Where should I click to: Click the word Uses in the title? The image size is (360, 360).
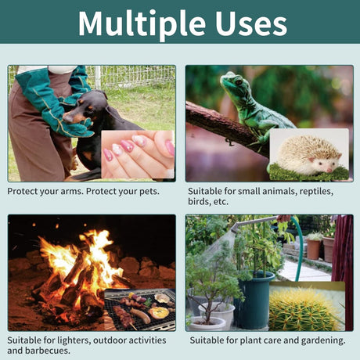(251, 23)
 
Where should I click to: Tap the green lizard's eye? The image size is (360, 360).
(239, 82)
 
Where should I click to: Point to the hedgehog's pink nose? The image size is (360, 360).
(329, 171)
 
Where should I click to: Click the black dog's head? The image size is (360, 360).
(84, 107)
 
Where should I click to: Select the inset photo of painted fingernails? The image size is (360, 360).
(138, 154)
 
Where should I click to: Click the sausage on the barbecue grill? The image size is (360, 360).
(140, 315)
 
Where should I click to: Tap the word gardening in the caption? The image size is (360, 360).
(323, 340)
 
